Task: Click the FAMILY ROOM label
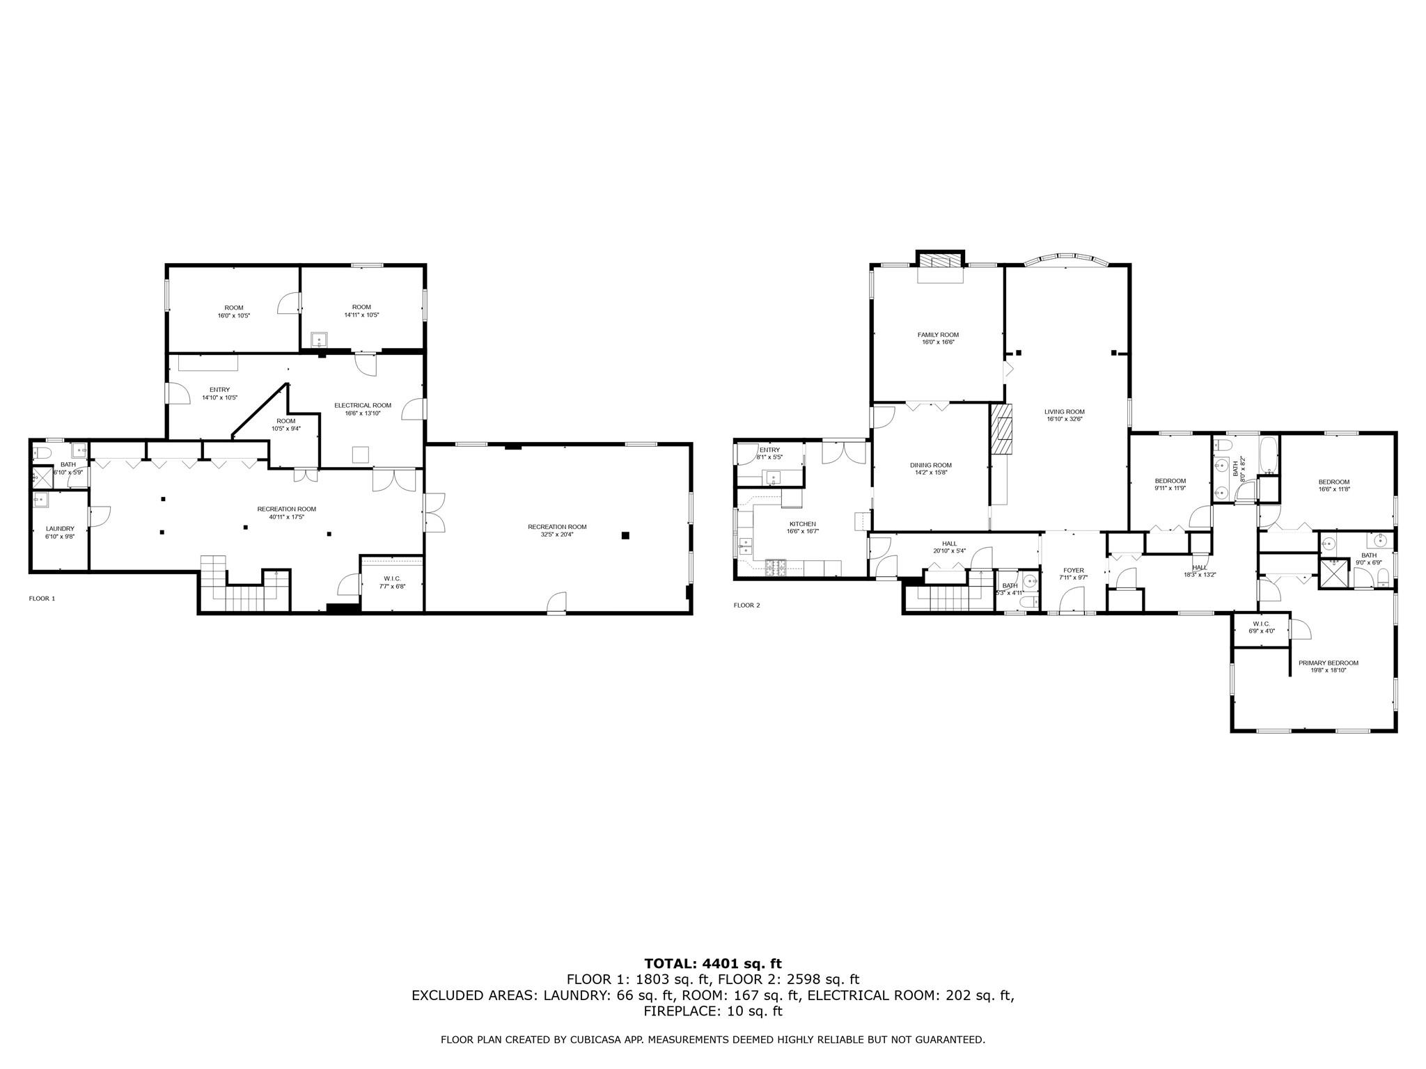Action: pyautogui.click(x=938, y=335)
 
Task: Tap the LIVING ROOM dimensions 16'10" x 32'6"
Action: pyautogui.click(x=1065, y=420)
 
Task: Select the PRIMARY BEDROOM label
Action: pyautogui.click(x=1328, y=663)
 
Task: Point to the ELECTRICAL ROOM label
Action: pyautogui.click(x=362, y=405)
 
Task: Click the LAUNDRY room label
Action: pyautogui.click(x=60, y=528)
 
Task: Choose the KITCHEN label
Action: pyautogui.click(x=802, y=524)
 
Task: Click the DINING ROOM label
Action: pyautogui.click(x=930, y=465)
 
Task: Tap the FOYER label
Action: pyautogui.click(x=1073, y=570)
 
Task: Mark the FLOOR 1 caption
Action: pyautogui.click(x=42, y=599)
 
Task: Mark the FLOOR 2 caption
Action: pyautogui.click(x=746, y=605)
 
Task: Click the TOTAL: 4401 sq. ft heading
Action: pyautogui.click(x=712, y=963)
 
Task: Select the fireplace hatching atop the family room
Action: pyautogui.click(x=940, y=260)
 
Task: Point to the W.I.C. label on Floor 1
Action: pyautogui.click(x=392, y=578)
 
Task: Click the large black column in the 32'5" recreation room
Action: pyautogui.click(x=625, y=535)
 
